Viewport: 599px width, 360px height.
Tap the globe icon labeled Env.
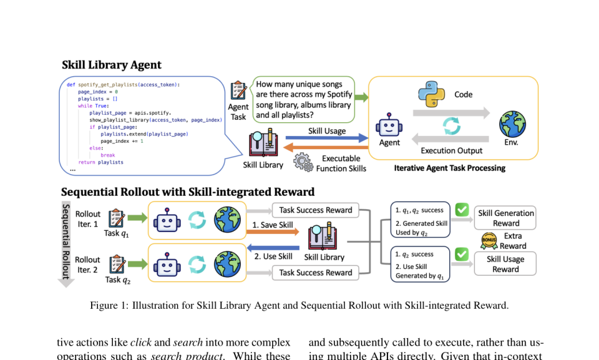(x=512, y=124)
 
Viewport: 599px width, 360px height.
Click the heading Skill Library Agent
(x=112, y=65)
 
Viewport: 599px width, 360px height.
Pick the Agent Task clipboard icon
(x=238, y=90)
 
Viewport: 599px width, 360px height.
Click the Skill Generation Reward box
(x=505, y=218)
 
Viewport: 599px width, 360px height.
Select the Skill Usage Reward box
(x=505, y=264)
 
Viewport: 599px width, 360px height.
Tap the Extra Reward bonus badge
(x=489, y=241)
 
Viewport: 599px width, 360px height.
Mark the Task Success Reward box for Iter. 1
(x=316, y=210)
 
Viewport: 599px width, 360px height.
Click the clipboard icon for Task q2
(x=117, y=265)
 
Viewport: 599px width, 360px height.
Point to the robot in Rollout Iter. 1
(x=167, y=220)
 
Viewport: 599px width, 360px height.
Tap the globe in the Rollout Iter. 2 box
(x=227, y=263)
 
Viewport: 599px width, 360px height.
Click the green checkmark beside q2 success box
(x=462, y=255)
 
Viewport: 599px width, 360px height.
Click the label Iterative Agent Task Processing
(x=449, y=168)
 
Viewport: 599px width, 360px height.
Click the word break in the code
(x=108, y=155)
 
